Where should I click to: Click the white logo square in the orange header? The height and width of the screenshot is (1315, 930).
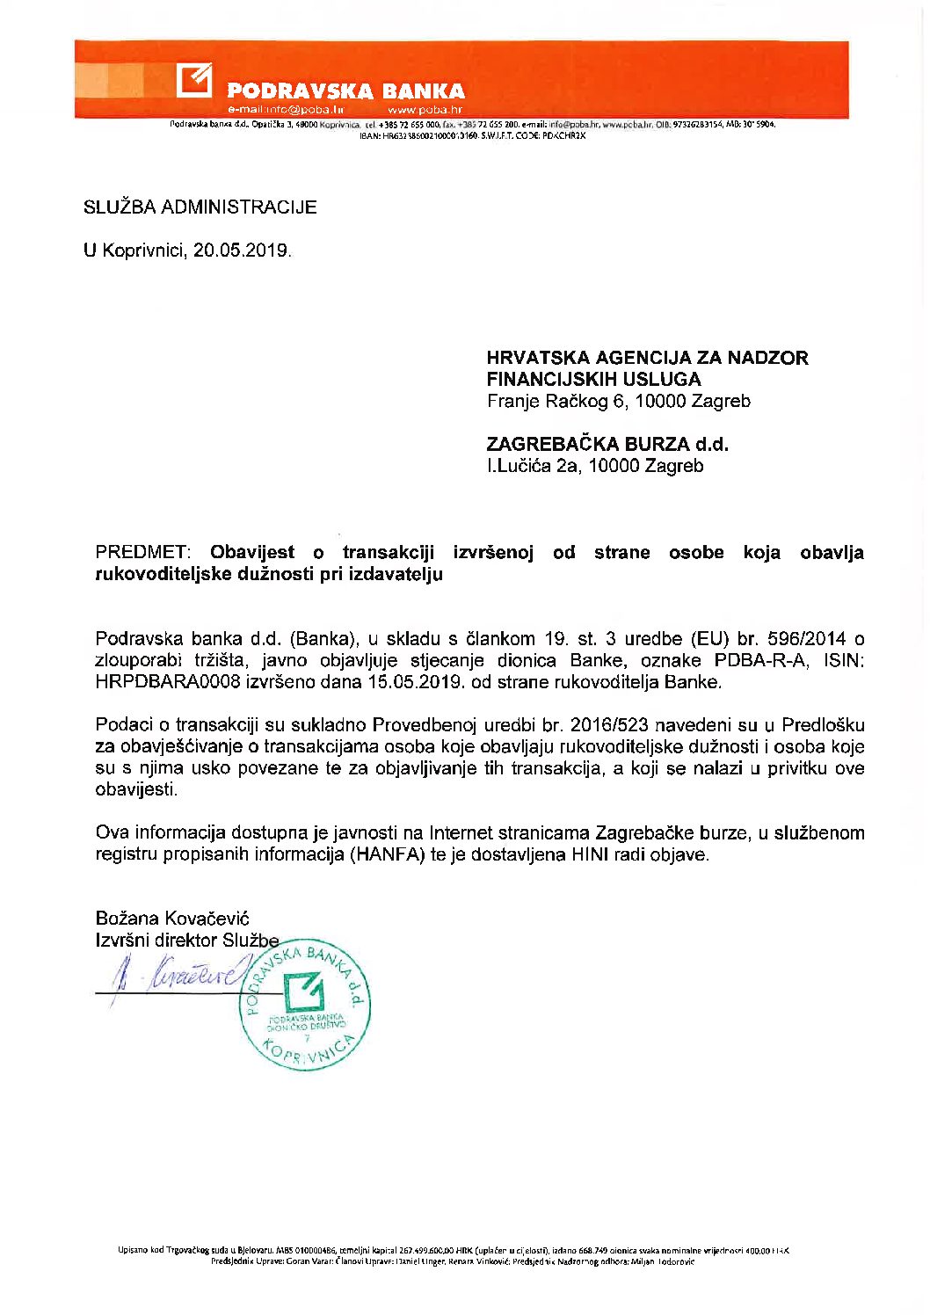coord(194,80)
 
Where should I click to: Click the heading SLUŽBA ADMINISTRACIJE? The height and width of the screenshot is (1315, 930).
coord(200,207)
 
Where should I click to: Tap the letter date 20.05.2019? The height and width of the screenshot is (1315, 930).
coord(242,251)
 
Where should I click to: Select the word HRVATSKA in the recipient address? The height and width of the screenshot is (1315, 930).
coord(537,358)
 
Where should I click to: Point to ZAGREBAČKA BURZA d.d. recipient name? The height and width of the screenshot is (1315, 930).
coord(607,445)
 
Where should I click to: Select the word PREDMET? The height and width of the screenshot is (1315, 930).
coord(142,553)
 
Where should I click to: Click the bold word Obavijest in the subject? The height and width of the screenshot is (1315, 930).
coord(252,553)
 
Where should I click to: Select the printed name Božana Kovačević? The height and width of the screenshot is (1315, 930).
coord(172,919)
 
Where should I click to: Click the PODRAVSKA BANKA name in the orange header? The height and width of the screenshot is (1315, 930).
coord(345,91)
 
